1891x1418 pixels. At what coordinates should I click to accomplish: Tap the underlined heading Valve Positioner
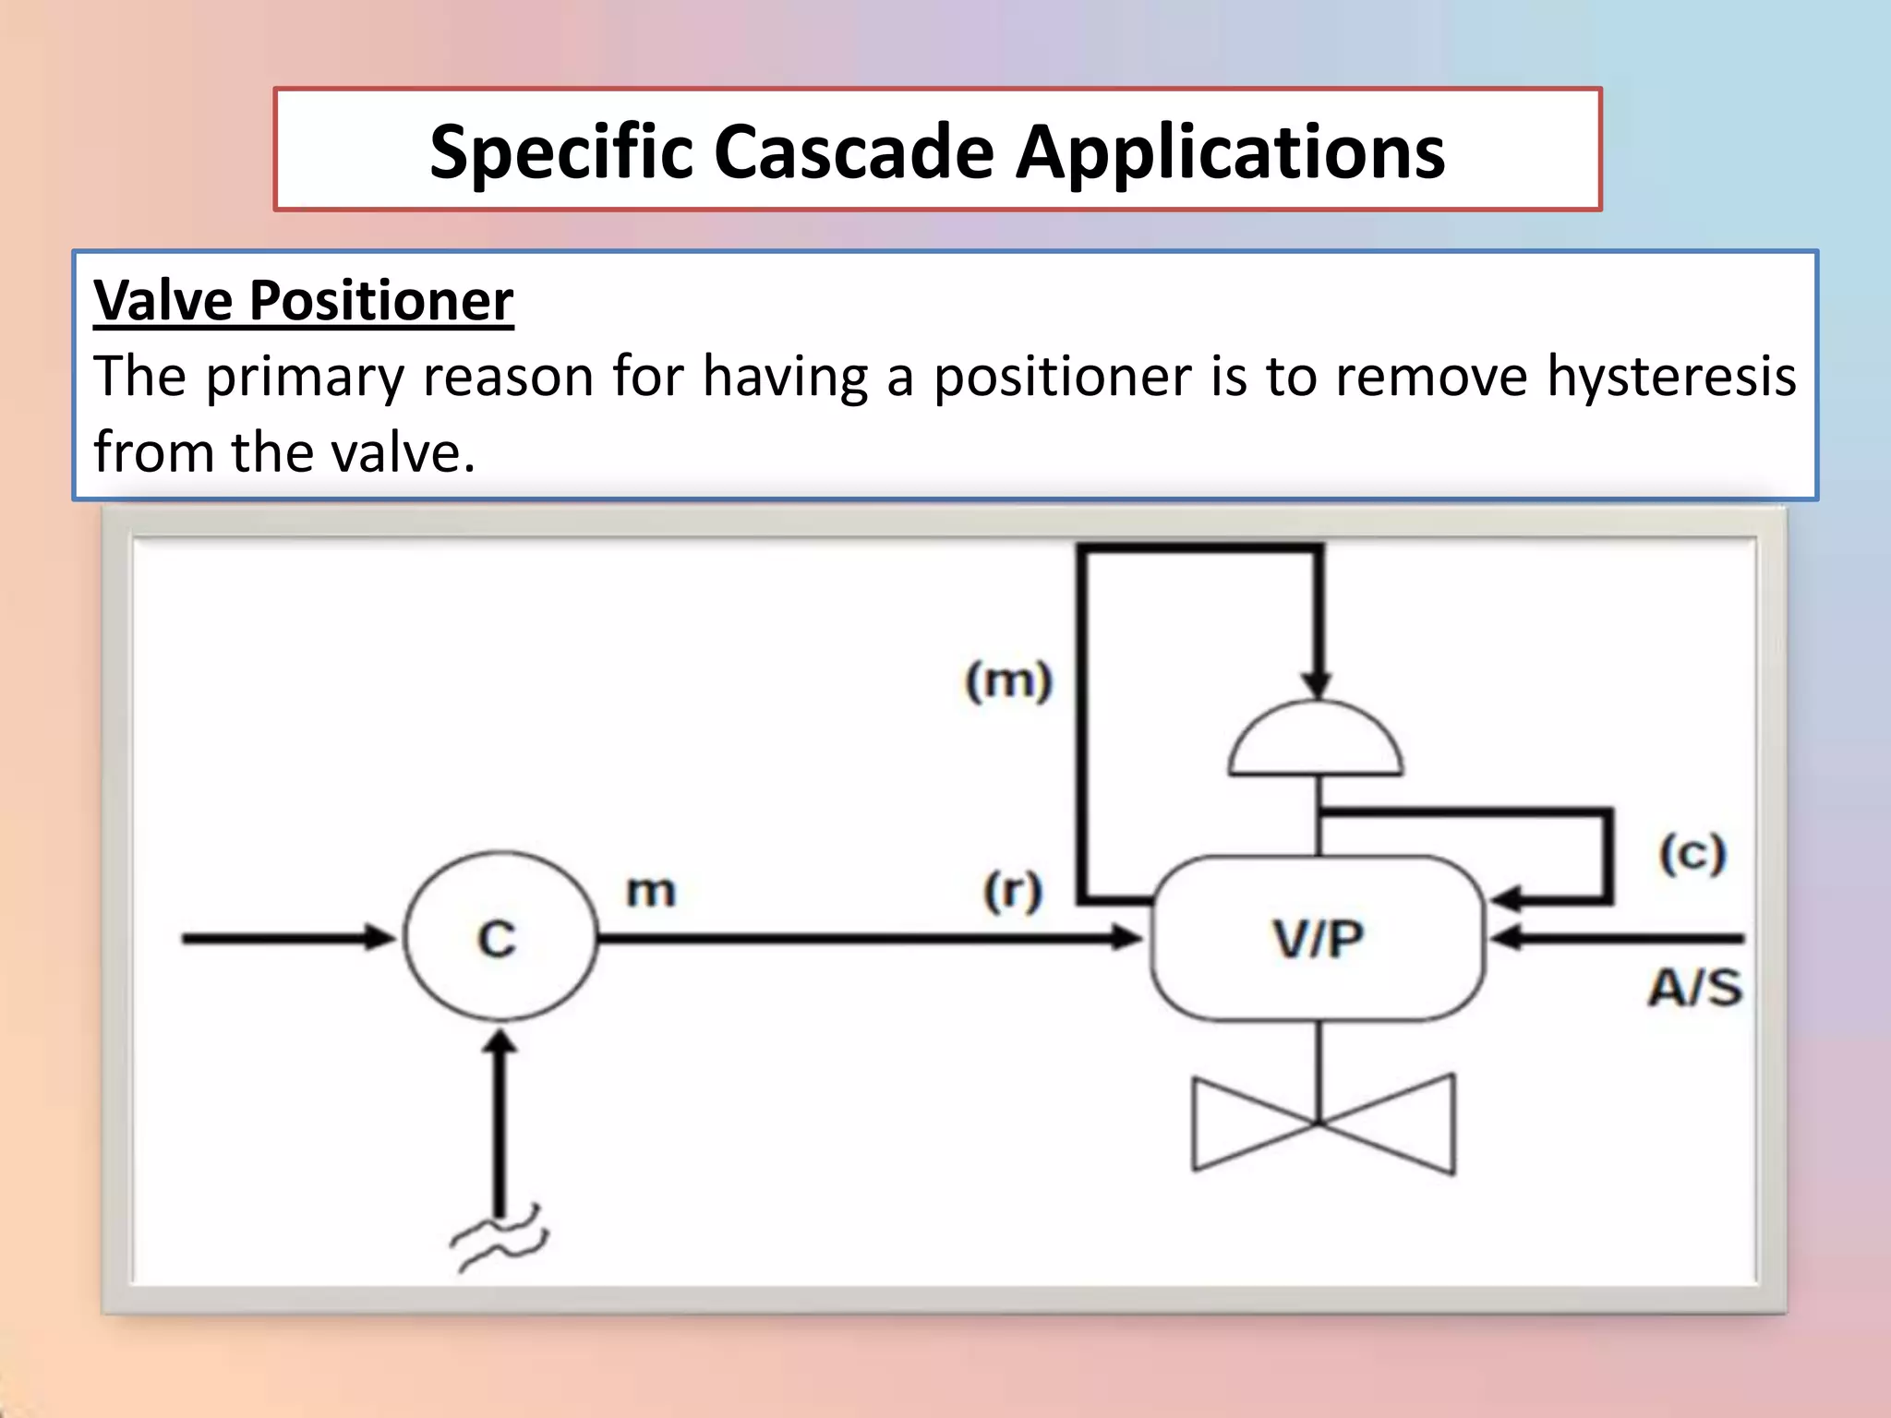[304, 301]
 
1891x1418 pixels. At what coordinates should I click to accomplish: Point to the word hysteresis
[1671, 377]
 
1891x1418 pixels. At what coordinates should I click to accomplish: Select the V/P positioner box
[1318, 938]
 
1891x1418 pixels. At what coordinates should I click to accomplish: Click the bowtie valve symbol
[1322, 1124]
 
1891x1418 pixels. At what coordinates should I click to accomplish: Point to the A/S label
[1695, 988]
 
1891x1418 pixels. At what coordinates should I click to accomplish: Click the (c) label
[1692, 854]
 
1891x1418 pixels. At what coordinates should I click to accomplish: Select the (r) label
[1013, 892]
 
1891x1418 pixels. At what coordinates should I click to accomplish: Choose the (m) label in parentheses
[1008, 682]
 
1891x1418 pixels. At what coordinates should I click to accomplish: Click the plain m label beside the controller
[651, 892]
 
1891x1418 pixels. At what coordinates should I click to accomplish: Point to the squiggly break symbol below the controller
[499, 1239]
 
